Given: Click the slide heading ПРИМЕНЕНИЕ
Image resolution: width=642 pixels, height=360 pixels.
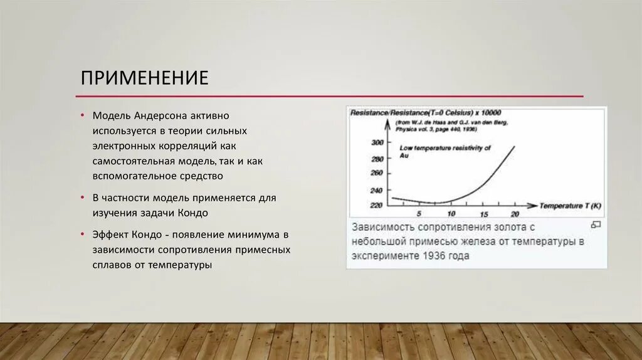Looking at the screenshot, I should pyautogui.click(x=144, y=78).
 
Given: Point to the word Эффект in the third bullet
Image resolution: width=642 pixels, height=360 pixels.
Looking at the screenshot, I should pyautogui.click(x=110, y=235).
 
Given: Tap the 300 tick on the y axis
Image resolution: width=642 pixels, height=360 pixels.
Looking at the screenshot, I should pyautogui.click(x=376, y=143).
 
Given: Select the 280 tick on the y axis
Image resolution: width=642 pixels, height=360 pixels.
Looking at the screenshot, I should pyautogui.click(x=376, y=159).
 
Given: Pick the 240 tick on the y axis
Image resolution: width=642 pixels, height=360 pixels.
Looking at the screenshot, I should pyautogui.click(x=376, y=190).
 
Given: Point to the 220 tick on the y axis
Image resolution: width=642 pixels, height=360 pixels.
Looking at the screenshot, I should pyautogui.click(x=376, y=206).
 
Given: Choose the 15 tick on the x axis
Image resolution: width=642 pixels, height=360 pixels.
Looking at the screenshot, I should pyautogui.click(x=484, y=214).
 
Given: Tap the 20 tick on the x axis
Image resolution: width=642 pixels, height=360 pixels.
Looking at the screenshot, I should pyautogui.click(x=515, y=214).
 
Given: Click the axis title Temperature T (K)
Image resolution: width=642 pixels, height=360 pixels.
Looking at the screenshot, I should pyautogui.click(x=571, y=206).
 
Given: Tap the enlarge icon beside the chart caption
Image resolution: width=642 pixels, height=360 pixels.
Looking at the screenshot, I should pyautogui.click(x=596, y=225).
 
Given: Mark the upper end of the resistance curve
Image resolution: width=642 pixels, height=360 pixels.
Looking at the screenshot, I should pyautogui.click(x=515, y=146).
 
